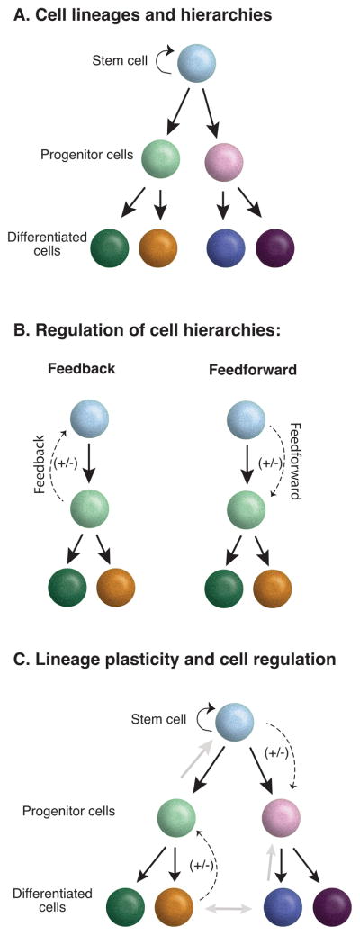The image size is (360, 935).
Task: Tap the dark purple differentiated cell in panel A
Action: click(x=275, y=248)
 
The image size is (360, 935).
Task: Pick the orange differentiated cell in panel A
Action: click(x=158, y=248)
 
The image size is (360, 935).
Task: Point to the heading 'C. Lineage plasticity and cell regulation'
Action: click(x=175, y=660)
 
